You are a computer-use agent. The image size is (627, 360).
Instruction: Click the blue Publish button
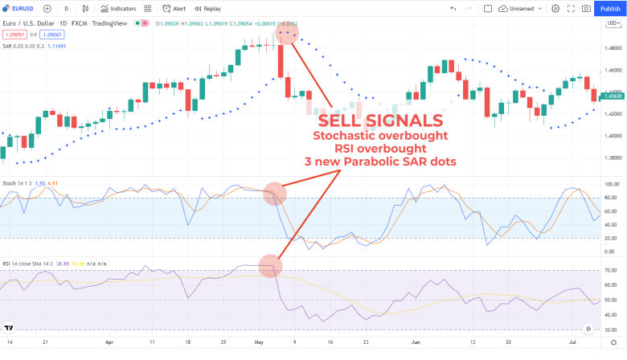[x=610, y=9]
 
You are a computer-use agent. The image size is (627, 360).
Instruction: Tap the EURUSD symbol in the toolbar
[x=23, y=9]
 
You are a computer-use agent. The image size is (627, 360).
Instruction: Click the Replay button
[x=207, y=9]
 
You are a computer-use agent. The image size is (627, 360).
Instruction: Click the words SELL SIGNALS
[x=380, y=121]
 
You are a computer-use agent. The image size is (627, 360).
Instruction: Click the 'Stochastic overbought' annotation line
[x=379, y=136]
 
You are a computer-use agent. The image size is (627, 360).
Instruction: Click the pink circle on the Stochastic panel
[x=275, y=193]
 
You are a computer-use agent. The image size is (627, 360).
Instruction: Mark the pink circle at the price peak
[x=287, y=34]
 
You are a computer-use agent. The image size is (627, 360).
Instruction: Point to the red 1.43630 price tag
[x=612, y=96]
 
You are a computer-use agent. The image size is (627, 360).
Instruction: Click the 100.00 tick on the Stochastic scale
[x=610, y=185]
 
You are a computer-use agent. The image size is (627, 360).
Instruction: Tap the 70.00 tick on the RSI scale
[x=611, y=271]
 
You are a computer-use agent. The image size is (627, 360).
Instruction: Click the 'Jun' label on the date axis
[x=416, y=341]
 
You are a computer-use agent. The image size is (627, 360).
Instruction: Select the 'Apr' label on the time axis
[x=109, y=341]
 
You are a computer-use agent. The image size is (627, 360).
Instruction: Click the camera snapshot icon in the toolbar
[x=586, y=9]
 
